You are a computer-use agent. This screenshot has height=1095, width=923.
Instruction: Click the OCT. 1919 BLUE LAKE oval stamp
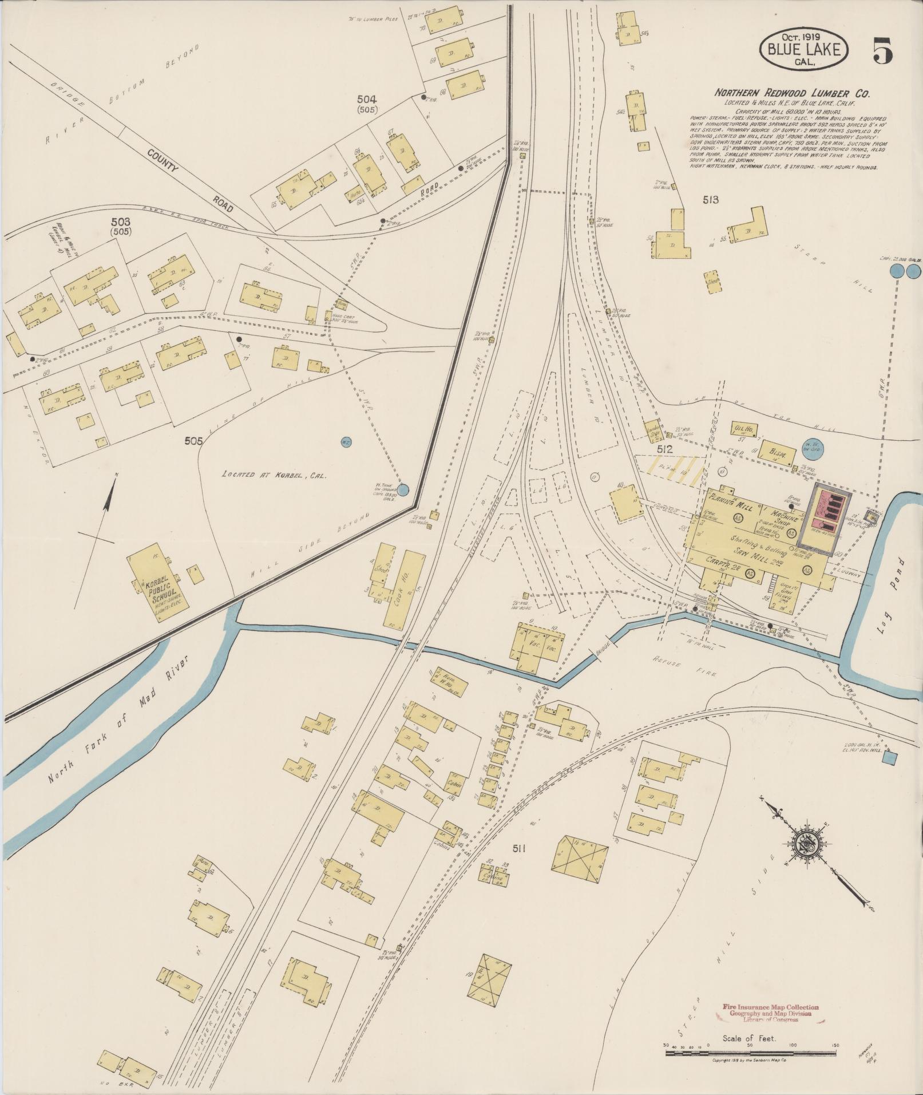coord(803,49)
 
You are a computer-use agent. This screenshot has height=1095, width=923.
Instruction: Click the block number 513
coord(711,200)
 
